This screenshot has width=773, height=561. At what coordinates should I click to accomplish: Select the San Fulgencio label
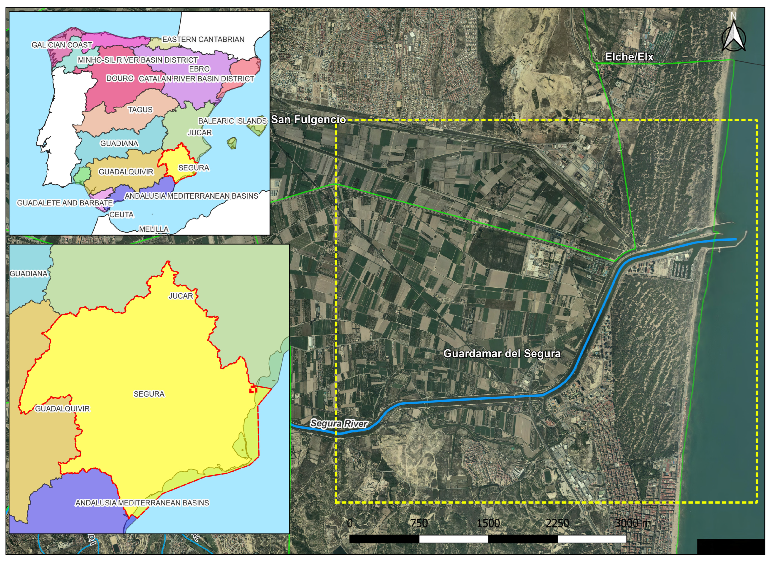[x=308, y=119]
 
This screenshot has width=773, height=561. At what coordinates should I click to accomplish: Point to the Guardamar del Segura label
[x=502, y=354]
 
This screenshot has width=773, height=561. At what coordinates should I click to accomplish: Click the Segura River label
[x=339, y=424]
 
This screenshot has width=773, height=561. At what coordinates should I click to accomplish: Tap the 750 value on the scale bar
[x=419, y=524]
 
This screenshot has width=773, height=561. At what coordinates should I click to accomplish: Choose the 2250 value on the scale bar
[x=557, y=524]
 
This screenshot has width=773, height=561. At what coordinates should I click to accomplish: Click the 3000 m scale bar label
[x=633, y=524]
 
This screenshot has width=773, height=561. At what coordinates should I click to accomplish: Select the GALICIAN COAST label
[x=62, y=45]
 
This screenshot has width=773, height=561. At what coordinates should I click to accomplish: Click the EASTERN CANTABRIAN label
[x=203, y=40]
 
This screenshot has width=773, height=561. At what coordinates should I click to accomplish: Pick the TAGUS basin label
[x=140, y=110]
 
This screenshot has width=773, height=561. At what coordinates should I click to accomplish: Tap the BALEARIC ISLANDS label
[x=232, y=121]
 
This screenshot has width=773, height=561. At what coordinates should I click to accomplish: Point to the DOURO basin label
[x=120, y=78]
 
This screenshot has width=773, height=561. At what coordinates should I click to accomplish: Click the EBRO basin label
[x=200, y=69]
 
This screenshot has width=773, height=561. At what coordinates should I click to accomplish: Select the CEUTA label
[x=121, y=215]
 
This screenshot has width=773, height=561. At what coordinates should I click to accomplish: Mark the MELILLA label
[x=154, y=229]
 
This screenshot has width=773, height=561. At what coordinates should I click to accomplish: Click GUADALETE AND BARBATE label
[x=65, y=203]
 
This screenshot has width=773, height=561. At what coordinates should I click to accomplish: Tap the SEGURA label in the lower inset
[x=149, y=394]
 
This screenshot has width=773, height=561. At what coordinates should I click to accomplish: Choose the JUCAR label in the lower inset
[x=181, y=296]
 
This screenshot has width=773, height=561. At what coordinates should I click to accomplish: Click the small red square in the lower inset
[x=253, y=389]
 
